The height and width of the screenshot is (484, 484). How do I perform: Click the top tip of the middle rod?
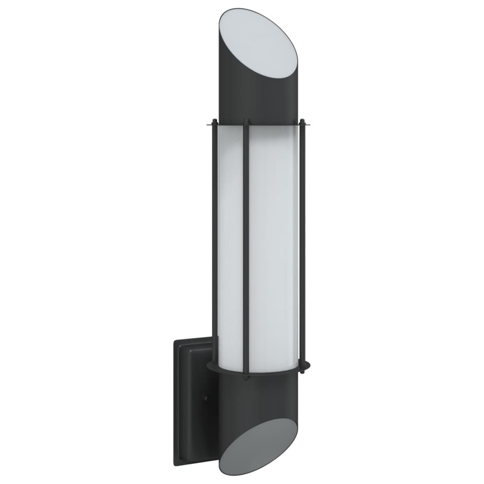(246, 121)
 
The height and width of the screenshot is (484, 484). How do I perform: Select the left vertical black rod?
(215, 236)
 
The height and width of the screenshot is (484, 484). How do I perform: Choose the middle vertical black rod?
(246, 246)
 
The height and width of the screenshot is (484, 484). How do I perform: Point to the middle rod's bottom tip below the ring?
(246, 378)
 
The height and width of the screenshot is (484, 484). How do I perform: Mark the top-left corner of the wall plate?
(174, 341)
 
